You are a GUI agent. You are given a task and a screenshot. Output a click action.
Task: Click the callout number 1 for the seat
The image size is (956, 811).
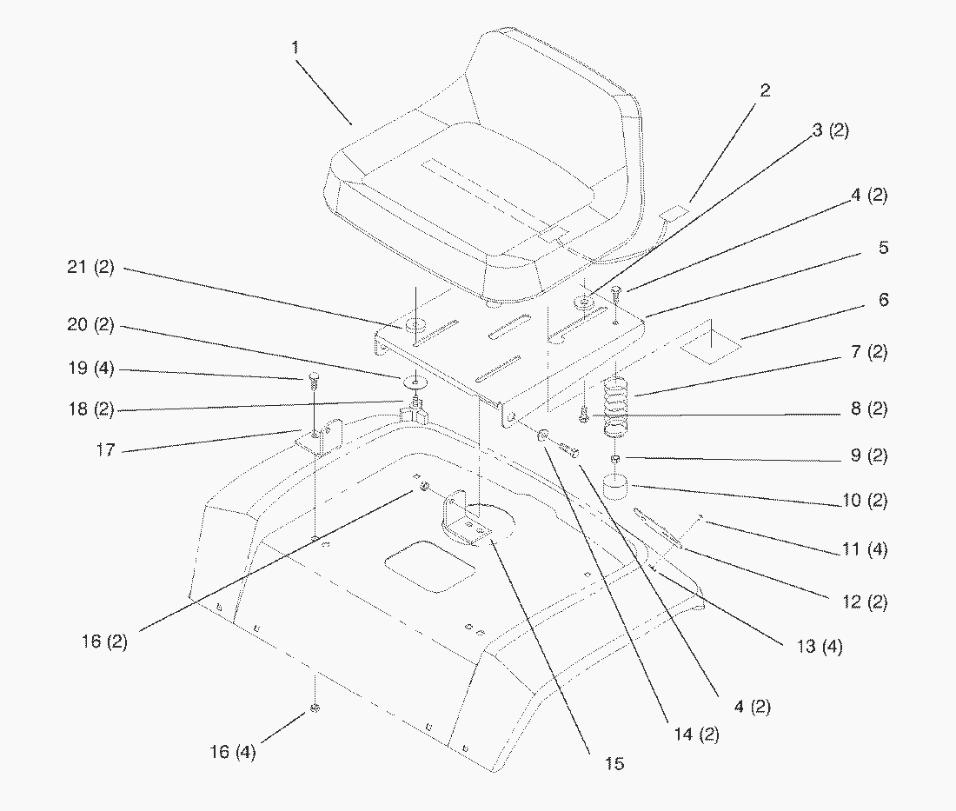295,47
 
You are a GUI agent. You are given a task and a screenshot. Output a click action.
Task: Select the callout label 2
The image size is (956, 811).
765,90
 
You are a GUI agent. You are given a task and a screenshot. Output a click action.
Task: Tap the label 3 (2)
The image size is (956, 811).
831,131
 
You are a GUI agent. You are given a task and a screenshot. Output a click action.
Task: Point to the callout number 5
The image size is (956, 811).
883,248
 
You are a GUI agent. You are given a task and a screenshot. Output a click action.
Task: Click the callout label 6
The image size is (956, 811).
883,300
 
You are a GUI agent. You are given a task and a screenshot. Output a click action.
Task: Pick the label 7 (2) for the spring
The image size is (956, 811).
869,352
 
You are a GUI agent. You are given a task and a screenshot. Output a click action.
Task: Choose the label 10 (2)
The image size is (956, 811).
865,501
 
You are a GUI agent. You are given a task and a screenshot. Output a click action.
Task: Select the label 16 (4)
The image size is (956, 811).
233,752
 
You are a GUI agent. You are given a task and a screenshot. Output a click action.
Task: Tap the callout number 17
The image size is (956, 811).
105,451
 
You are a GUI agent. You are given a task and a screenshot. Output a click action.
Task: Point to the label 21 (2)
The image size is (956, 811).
91,269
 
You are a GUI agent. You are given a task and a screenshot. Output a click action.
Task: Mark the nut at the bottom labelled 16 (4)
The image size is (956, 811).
315,709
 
